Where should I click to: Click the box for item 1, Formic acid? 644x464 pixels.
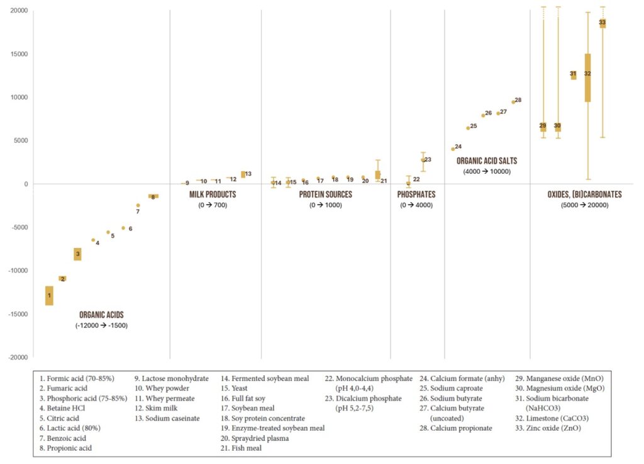click(x=49, y=295)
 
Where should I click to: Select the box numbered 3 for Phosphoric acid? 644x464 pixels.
click(x=77, y=254)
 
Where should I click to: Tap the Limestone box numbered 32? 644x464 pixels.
click(x=587, y=77)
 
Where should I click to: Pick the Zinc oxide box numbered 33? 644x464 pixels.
click(x=602, y=23)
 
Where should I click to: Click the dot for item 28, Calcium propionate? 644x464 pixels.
click(x=513, y=101)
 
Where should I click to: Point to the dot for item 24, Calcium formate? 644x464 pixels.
click(x=453, y=149)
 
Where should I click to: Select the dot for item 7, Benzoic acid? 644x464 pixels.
click(x=138, y=205)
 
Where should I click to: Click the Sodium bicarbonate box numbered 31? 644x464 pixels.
click(x=573, y=75)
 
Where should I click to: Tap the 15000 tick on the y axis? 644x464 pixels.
click(x=17, y=54)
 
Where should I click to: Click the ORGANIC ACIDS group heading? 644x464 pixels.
click(x=101, y=315)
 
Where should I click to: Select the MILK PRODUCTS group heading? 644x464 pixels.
click(x=213, y=195)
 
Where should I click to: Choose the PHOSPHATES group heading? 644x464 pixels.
click(x=416, y=195)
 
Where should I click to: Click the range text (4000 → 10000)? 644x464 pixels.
click(x=486, y=171)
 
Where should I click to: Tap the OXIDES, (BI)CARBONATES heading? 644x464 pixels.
click(x=585, y=195)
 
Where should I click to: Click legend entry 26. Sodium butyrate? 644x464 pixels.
click(x=457, y=398)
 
